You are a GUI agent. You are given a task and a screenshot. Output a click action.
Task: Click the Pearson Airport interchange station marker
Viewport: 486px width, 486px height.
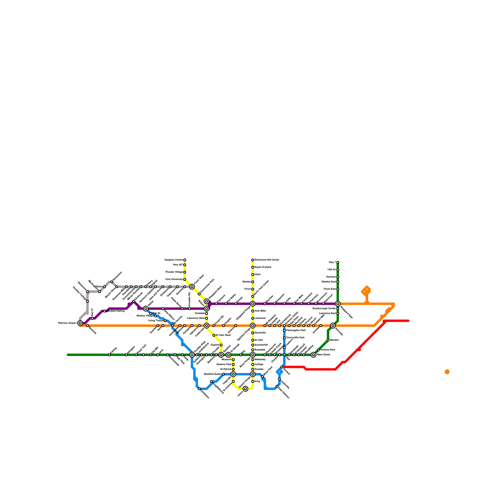[80, 323]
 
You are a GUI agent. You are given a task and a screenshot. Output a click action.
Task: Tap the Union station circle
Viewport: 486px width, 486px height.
[245, 389]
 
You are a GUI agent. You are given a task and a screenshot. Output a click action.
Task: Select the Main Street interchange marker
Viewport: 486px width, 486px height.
[313, 355]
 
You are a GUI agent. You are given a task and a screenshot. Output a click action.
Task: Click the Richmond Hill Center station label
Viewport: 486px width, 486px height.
[267, 260]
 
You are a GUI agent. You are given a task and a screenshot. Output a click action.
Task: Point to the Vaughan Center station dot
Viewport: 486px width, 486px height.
[185, 260]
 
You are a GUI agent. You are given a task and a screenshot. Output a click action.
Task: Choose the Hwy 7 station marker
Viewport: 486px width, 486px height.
[338, 262]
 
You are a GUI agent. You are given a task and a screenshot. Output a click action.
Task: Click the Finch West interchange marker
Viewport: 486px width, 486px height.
[192, 287]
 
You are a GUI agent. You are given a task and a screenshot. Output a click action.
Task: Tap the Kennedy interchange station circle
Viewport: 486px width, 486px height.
[333, 326]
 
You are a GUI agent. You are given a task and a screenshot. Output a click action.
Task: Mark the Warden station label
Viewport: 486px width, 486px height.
[334, 340]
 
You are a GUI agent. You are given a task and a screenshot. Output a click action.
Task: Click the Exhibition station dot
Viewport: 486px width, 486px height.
[199, 389]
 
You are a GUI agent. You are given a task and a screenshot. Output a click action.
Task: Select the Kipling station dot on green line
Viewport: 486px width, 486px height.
[109, 355]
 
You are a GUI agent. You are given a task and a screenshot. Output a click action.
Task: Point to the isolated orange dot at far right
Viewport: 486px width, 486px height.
[447, 372]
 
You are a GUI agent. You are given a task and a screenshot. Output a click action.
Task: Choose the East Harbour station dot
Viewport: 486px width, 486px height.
[277, 386]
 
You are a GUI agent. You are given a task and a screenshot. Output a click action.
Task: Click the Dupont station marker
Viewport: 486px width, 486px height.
[221, 345]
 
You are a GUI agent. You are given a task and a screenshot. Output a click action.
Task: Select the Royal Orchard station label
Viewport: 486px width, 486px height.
[263, 267]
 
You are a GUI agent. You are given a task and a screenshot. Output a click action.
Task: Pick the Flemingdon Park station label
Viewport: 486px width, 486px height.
[296, 330]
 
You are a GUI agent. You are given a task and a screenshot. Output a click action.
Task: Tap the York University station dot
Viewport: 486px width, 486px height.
[185, 279]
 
